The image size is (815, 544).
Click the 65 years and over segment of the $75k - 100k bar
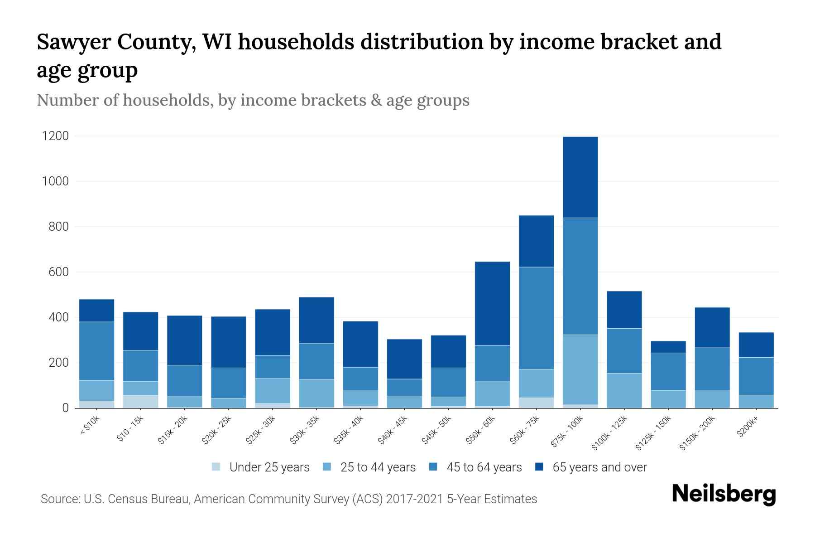580,177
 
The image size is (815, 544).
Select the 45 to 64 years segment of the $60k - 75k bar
536,318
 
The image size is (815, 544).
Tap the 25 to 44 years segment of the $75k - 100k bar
580,369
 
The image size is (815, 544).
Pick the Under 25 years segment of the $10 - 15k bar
140,402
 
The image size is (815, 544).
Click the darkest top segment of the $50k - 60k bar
492,303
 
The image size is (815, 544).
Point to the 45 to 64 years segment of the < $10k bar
96,351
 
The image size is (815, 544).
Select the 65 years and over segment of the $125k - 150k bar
668,347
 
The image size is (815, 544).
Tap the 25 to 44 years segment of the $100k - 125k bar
624,390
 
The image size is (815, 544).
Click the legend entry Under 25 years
269,467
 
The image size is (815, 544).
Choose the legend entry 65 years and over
599,467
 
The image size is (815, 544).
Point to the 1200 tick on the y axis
55,136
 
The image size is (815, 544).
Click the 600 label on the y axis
58,272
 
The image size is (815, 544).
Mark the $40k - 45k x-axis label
393,431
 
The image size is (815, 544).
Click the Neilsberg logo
724,494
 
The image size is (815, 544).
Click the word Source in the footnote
60,499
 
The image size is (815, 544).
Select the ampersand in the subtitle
375,100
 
